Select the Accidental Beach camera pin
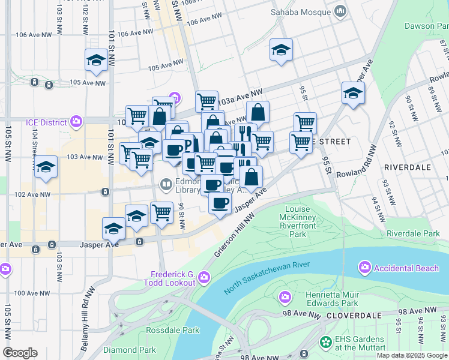pyautogui.click(x=364, y=267)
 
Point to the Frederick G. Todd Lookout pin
pyautogui.click(x=203, y=277)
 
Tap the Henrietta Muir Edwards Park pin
pyautogui.click(x=285, y=296)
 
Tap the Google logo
pyautogui.click(x=20, y=353)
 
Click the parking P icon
pyautogui.click(x=188, y=145)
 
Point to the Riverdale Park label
pyautogui.click(x=413, y=233)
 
